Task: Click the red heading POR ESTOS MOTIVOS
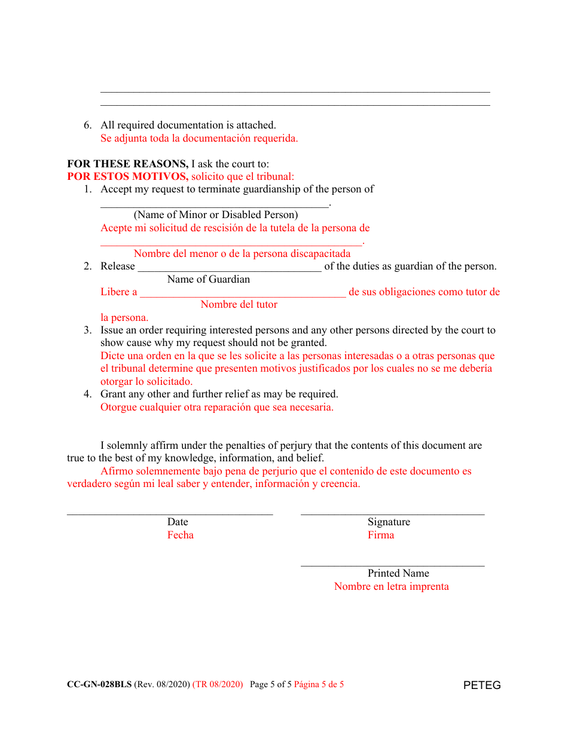point(127,177)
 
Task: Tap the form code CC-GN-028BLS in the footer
point(99,685)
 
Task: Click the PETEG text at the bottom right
point(481,685)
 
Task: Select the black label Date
point(178,522)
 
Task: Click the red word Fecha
point(180,535)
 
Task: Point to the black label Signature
point(389,522)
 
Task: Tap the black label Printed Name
point(398,574)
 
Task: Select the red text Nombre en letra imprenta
point(391,587)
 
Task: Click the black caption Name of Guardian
point(209,280)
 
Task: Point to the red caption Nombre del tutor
point(239,305)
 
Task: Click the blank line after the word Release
point(230,269)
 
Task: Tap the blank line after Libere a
point(243,295)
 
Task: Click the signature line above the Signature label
point(392,513)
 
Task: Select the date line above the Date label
point(170,513)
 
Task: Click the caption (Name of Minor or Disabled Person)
point(215,215)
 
